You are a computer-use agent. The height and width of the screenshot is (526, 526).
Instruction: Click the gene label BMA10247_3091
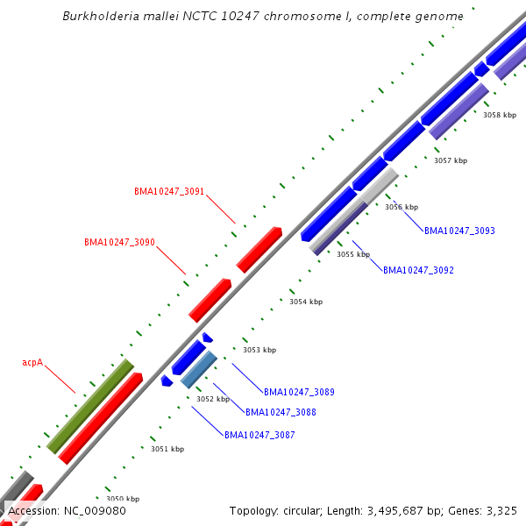point(169,191)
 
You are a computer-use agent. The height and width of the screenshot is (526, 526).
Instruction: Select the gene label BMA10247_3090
point(119,242)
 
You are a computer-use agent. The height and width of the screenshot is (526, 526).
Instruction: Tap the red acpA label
point(32,362)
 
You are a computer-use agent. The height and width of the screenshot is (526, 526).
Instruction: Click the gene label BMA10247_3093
point(459,231)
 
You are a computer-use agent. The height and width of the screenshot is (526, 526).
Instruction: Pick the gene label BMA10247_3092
point(418,271)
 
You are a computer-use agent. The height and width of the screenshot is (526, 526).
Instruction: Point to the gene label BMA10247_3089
point(299,393)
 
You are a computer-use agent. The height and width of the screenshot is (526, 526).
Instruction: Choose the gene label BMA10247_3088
point(281,413)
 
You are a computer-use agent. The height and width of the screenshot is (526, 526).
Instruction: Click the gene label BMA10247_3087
point(259,436)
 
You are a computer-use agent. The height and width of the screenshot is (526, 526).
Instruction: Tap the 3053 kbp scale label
point(259,350)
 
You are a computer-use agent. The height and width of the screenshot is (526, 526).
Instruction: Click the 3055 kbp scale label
point(353,255)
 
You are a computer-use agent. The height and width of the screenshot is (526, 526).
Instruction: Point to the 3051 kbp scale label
point(167,450)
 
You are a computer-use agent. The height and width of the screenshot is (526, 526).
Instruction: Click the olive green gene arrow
point(90,406)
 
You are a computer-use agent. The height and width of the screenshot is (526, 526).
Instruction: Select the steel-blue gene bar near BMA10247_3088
point(199,369)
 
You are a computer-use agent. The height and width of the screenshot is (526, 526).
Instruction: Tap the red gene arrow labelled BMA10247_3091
point(259,250)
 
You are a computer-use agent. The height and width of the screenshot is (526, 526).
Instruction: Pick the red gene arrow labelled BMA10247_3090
point(210,301)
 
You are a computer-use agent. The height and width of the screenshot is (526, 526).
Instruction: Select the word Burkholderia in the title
point(103,17)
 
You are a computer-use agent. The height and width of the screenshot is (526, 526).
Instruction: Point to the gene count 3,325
point(500,511)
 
